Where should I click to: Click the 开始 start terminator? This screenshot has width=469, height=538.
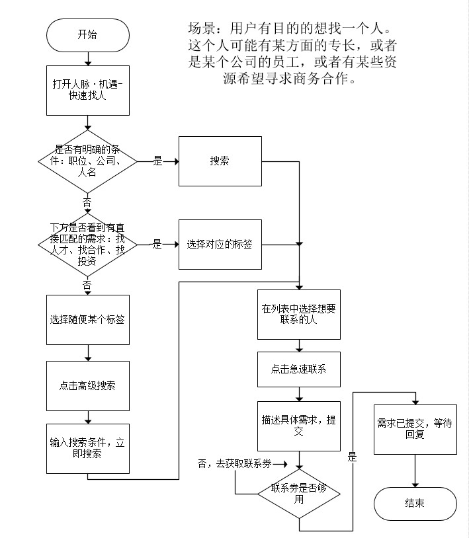[x=87, y=35]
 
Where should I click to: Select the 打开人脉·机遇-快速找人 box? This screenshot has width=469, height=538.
[x=87, y=90]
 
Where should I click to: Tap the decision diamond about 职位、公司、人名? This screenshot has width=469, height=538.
[x=87, y=161]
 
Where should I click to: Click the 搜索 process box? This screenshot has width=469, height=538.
[x=220, y=161]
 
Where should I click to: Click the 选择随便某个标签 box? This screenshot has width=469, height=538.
[x=87, y=319]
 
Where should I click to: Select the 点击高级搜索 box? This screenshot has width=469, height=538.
[x=87, y=385]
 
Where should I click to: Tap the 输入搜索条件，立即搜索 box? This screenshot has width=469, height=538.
[x=87, y=447]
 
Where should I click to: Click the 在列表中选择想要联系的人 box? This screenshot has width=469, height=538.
[x=299, y=313]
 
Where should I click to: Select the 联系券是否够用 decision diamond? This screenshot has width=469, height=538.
[x=299, y=494]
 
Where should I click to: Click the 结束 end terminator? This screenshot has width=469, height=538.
[x=415, y=503]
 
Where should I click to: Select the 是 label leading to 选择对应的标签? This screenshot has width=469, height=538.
[x=157, y=244]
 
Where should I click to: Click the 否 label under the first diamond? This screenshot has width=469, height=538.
[x=87, y=200]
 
